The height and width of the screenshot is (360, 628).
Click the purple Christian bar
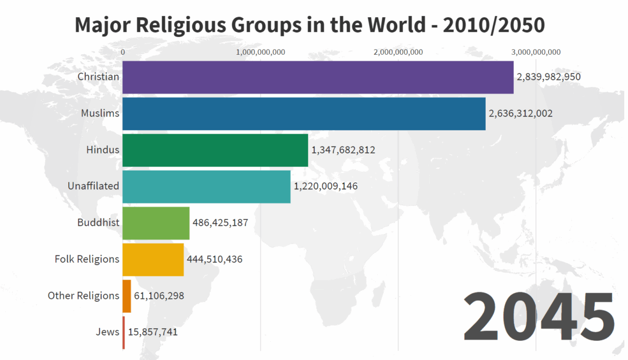pos(318,77)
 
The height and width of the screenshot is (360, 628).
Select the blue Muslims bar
pos(304,114)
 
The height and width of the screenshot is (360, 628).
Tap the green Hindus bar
pos(215,150)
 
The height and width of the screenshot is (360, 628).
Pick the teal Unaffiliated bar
pos(206,187)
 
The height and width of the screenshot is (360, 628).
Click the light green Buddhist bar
pos(156,223)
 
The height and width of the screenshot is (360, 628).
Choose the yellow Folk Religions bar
pos(153,260)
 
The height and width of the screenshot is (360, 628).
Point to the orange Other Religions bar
pos(127,296)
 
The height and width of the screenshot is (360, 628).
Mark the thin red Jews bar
pos(123,333)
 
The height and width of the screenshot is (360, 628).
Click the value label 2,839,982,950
pos(549,77)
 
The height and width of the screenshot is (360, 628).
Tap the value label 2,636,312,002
pos(521,113)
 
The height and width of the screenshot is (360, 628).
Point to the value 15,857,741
pos(152,332)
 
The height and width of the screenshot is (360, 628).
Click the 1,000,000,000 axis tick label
pos(260,52)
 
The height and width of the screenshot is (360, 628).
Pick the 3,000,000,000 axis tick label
pos(536,52)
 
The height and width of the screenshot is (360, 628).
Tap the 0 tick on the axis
pos(123,52)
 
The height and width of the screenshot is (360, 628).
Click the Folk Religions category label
pos(87,259)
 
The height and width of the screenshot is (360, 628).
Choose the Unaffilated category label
pos(93,186)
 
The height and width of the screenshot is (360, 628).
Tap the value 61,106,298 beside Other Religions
pos(159,296)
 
